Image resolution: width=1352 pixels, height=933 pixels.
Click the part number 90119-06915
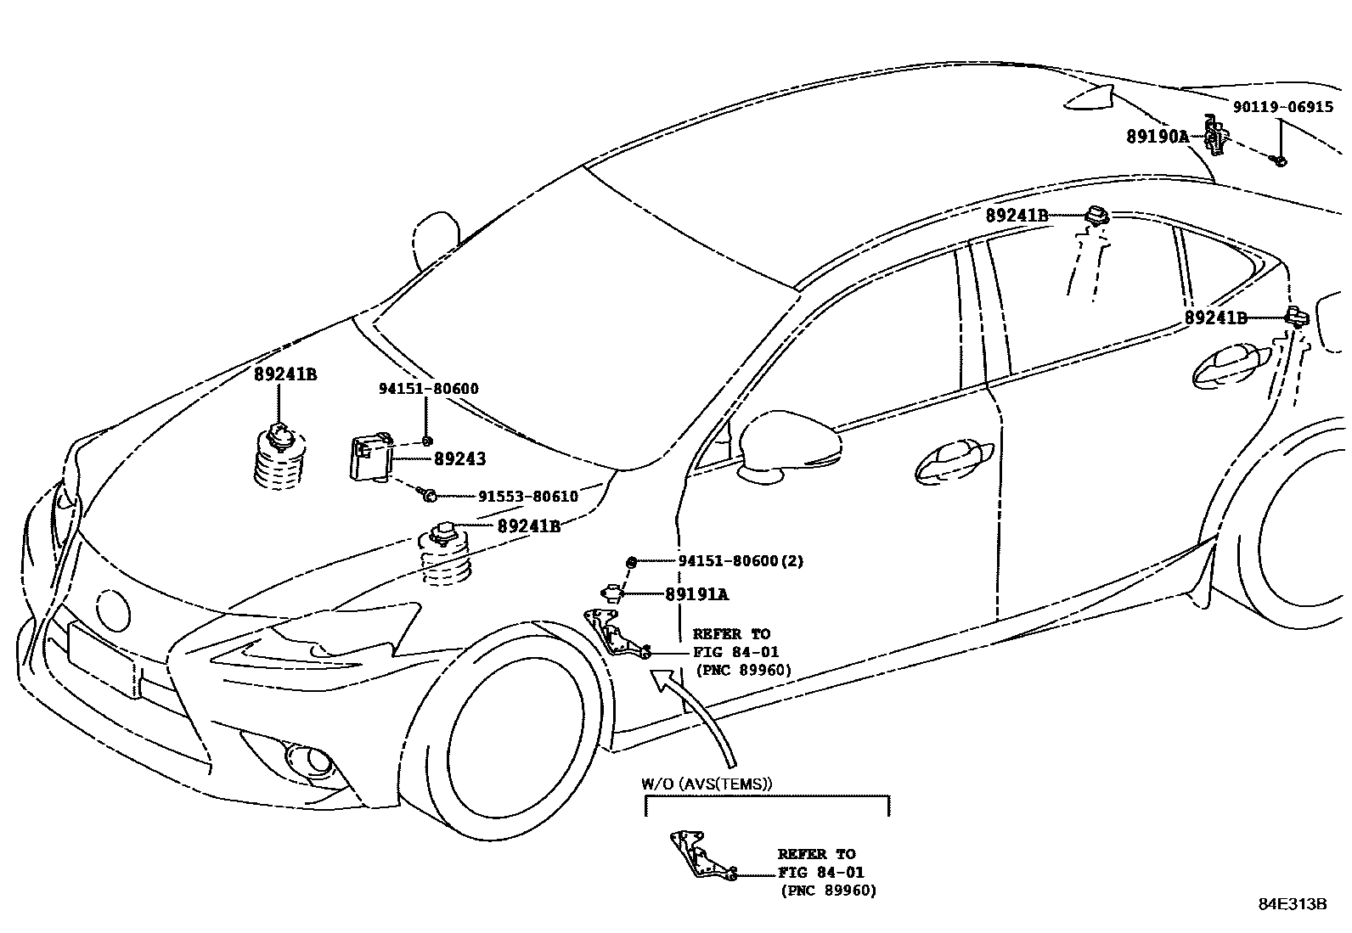pos(1282,108)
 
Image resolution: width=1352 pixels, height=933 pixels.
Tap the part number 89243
pos(459,459)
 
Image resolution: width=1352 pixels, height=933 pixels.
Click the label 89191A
pos(696,594)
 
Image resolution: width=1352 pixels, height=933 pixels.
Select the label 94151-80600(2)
pos(741,561)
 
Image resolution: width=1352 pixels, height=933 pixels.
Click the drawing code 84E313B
pos(1292,903)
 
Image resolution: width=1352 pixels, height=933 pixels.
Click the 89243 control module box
pos(371,458)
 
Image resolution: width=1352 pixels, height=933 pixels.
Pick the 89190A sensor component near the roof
pos(1216,136)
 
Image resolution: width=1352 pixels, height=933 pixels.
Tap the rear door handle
pos(1227,363)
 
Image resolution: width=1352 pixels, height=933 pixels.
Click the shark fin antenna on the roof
pos(1092,97)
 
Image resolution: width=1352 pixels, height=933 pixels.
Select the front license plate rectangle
pos(102,658)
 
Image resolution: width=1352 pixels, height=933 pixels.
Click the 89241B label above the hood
pos(285,374)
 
